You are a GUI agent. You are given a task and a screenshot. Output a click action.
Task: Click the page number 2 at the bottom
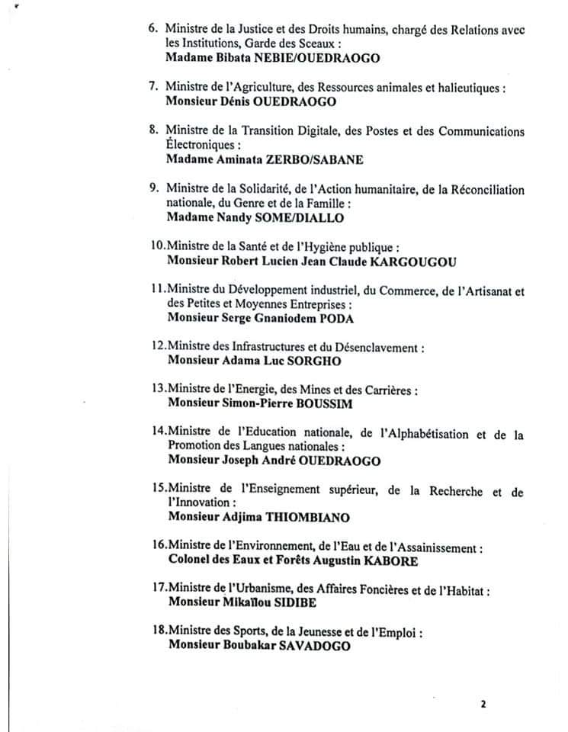483,704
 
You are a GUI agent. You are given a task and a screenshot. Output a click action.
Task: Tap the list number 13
158,390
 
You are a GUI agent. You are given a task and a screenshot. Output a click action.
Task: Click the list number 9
153,189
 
